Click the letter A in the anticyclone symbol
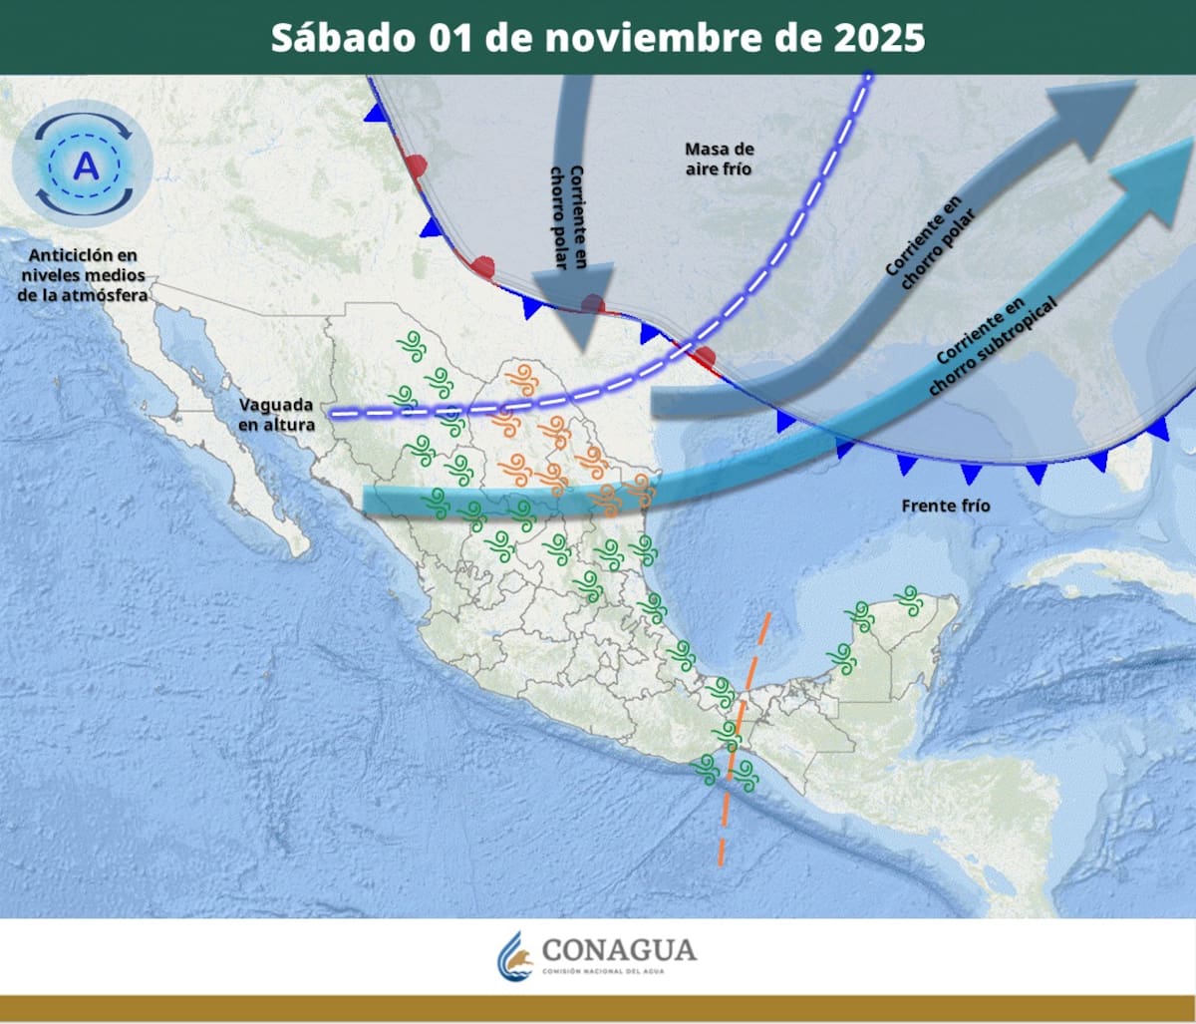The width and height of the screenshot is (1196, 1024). pyautogui.click(x=87, y=164)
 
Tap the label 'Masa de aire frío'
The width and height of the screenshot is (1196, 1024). pyautogui.click(x=719, y=159)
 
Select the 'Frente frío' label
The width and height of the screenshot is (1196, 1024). pyautogui.click(x=946, y=506)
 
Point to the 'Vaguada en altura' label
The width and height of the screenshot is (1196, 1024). pyautogui.click(x=276, y=415)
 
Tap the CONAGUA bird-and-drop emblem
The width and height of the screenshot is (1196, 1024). pyautogui.click(x=515, y=956)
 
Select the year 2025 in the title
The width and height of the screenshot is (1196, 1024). pyautogui.click(x=876, y=38)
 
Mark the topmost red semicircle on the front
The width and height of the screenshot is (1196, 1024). pyautogui.click(x=417, y=166)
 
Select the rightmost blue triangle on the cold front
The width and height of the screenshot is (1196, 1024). pyautogui.click(x=1158, y=429)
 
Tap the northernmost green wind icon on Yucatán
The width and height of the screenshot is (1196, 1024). pyautogui.click(x=907, y=597)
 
